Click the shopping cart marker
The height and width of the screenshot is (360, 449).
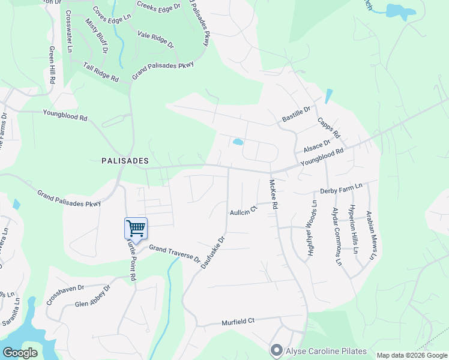(136, 228)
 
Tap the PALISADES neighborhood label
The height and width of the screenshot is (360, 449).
(125, 161)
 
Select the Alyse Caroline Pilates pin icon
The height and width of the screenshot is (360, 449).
(276, 349)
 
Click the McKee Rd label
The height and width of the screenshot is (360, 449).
(274, 194)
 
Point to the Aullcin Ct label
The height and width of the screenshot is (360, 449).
(243, 210)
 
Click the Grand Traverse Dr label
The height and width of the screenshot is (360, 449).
(174, 254)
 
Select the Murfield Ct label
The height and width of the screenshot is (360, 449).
(238, 321)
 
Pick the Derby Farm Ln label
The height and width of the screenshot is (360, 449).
(341, 190)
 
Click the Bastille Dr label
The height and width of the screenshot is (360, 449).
(296, 114)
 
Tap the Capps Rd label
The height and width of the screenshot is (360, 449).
(329, 126)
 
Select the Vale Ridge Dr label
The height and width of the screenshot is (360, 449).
(155, 40)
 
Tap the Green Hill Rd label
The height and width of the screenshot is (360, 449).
(52, 65)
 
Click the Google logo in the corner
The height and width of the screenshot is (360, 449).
(20, 353)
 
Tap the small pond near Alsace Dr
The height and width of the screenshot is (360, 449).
(238, 142)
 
